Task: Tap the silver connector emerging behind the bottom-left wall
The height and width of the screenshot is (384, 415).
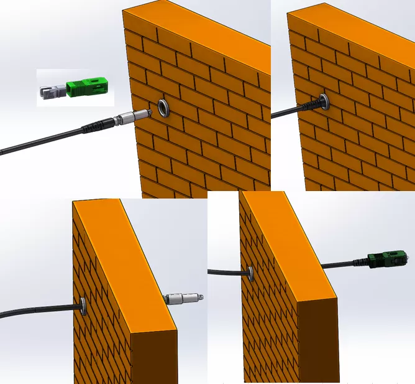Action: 183,299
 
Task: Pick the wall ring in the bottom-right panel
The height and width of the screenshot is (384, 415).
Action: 250,272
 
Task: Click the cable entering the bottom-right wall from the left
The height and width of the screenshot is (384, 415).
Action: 227,271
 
